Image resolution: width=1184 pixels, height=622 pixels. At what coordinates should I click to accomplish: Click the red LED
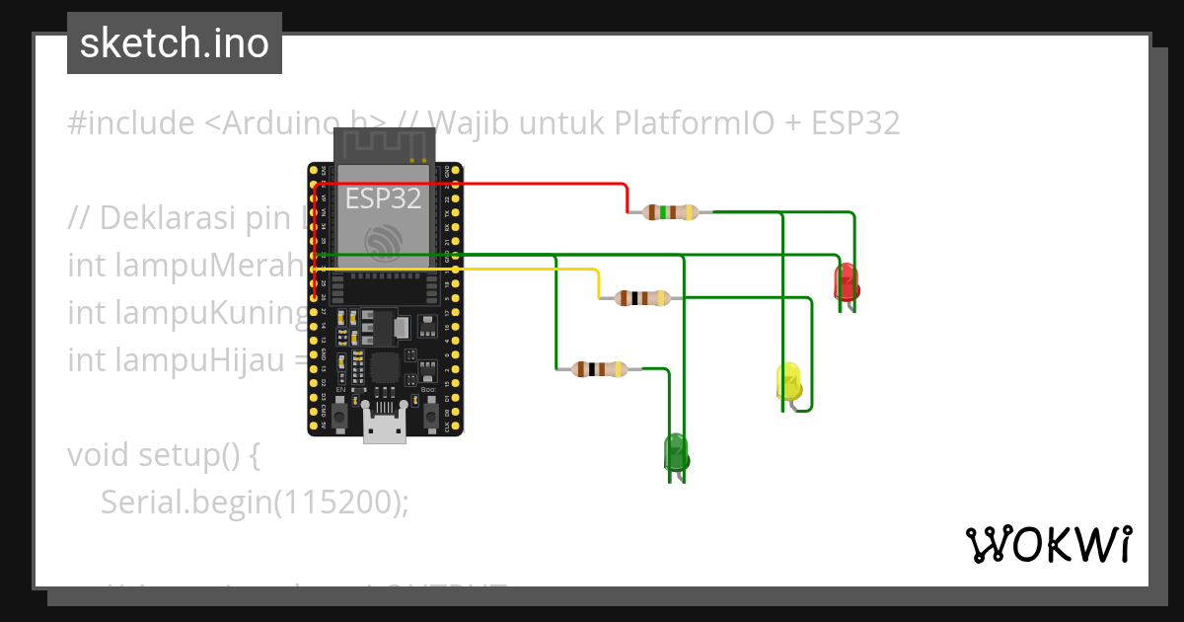coord(846,281)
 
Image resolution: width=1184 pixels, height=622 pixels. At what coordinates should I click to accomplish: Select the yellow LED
coord(788,382)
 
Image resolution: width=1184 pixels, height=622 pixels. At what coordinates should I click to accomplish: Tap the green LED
coord(676,453)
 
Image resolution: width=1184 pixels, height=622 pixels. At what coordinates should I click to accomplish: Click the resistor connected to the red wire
coord(670,211)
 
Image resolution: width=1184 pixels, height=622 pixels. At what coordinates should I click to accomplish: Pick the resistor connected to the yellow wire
coord(641,298)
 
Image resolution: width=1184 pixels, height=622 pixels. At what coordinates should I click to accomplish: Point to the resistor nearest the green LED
coord(600,369)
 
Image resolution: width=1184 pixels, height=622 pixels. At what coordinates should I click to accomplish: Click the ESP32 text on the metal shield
coord(383,198)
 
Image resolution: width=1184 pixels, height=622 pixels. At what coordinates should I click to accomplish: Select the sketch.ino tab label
coord(175,43)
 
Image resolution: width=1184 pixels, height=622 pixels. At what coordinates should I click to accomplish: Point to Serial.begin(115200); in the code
coord(254,502)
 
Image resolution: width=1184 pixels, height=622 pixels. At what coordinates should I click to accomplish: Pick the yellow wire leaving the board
coord(523,269)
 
